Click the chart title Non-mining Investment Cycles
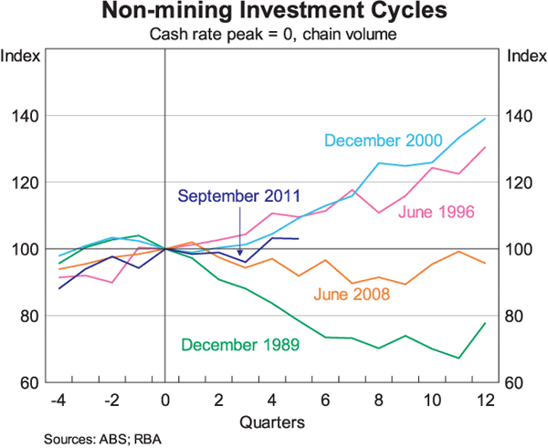[273, 13]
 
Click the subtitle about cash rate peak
[273, 34]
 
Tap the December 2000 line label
[383, 141]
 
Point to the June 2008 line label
[352, 294]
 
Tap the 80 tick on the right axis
[518, 316]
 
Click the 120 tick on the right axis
[518, 182]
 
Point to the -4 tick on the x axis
[58, 399]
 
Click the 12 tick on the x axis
[485, 399]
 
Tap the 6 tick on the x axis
[325, 399]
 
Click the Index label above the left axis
[22, 56]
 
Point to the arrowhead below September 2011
[238, 255]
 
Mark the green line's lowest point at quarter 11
[458, 358]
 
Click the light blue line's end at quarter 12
[485, 119]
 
